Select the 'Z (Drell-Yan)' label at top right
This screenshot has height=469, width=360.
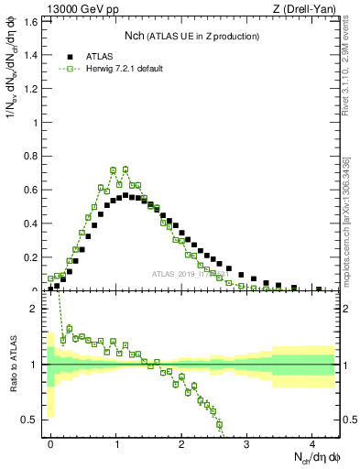tap(303, 9)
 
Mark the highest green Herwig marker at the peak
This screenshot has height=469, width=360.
tap(125, 169)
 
